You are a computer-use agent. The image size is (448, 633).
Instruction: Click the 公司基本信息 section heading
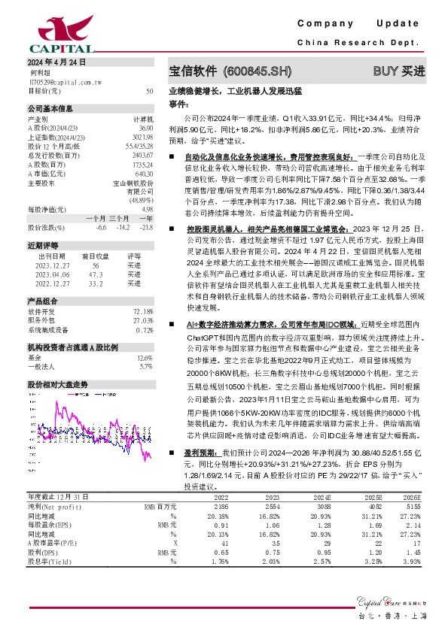coord(50,108)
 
